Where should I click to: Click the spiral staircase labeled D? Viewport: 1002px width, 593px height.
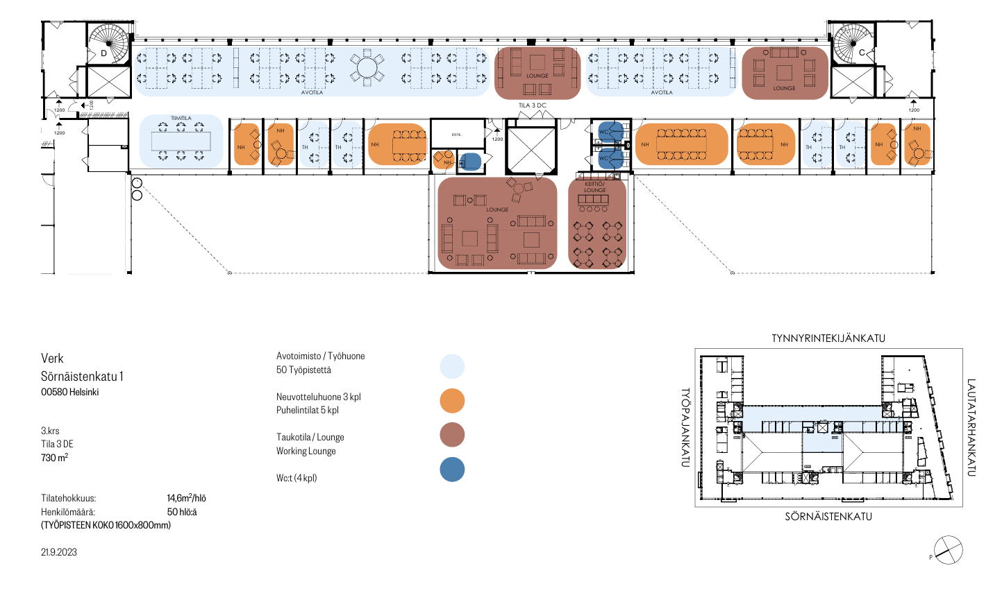click(x=110, y=44)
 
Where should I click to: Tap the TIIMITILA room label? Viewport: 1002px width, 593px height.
click(x=181, y=118)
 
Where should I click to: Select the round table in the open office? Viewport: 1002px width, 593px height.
click(x=367, y=67)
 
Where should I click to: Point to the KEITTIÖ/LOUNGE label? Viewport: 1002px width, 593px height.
click(x=595, y=187)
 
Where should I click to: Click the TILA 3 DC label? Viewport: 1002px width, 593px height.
click(x=533, y=105)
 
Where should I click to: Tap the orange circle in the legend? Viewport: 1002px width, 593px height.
click(x=452, y=401)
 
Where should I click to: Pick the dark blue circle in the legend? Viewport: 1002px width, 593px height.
click(x=452, y=470)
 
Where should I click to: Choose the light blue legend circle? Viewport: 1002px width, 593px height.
click(x=452, y=366)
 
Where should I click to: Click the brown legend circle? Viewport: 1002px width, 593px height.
click(x=452, y=435)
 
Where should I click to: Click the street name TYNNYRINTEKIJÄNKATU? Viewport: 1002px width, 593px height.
click(x=828, y=338)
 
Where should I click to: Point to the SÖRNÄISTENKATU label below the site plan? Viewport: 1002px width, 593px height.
click(x=828, y=517)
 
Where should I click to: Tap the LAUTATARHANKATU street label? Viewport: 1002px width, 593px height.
click(x=971, y=427)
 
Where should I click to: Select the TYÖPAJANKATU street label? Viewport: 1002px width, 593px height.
click(x=685, y=427)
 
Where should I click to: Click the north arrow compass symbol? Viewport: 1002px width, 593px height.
click(x=948, y=551)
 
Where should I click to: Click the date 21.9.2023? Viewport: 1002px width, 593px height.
click(x=59, y=552)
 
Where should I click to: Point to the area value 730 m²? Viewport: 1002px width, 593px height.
click(x=54, y=458)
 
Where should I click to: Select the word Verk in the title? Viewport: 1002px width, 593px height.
click(x=52, y=359)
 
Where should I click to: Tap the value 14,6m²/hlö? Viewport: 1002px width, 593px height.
click(x=186, y=498)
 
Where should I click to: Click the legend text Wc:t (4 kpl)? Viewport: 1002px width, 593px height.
click(x=297, y=478)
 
